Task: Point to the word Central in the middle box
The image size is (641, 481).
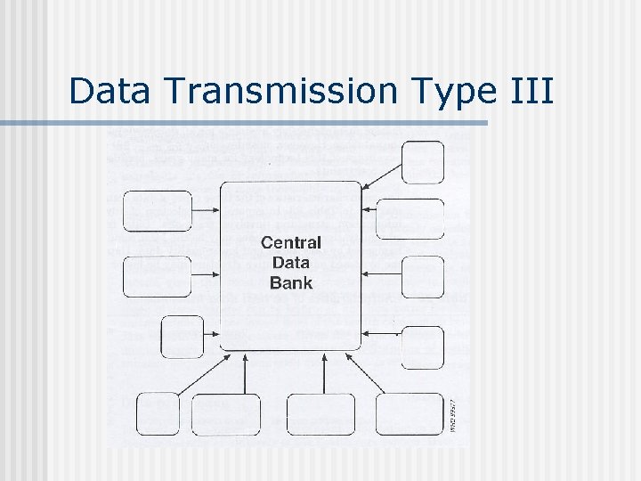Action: point(291,242)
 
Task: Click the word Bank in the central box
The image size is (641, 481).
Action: point(291,283)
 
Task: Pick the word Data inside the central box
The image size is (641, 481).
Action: point(291,263)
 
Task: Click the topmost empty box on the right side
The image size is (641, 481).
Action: point(422,162)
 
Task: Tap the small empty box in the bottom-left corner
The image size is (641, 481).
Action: point(158,413)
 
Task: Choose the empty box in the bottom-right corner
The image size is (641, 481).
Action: point(409,413)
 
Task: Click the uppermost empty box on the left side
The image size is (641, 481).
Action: point(157,211)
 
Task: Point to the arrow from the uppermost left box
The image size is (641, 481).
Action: point(206,211)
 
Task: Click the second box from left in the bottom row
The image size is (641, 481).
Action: point(226,414)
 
